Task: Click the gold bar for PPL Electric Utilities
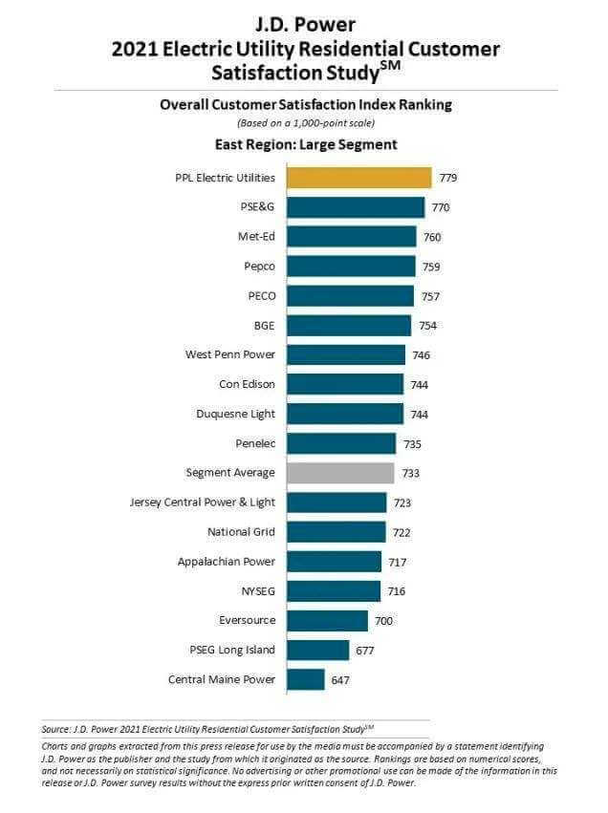(358, 178)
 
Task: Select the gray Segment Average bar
(340, 473)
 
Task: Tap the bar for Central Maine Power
(306, 679)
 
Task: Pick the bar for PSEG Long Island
(318, 650)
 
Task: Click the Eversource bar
(327, 621)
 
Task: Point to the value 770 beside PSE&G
(440, 207)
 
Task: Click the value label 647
(341, 679)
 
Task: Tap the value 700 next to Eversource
(383, 621)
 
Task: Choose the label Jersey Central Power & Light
(203, 502)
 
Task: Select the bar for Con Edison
(345, 384)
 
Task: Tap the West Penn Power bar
(346, 354)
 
